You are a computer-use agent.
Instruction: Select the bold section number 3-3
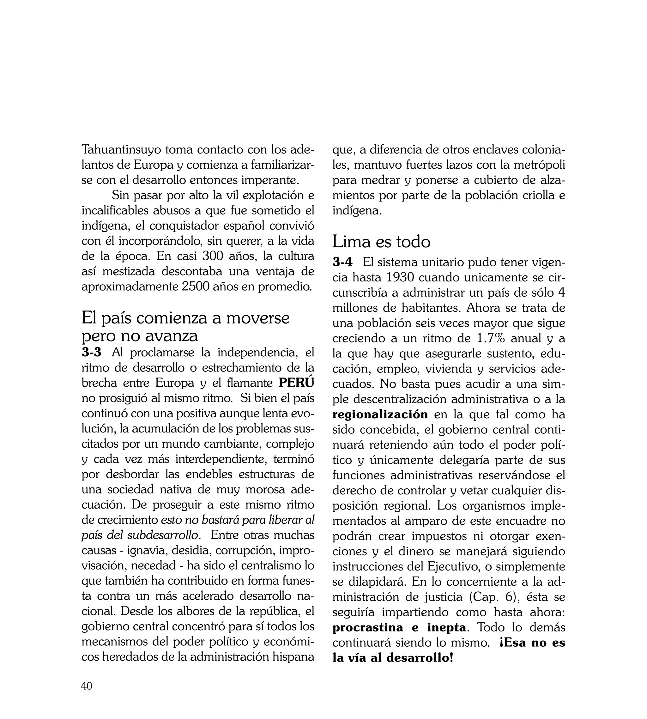tap(91, 352)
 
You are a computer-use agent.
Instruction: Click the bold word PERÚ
tap(296, 383)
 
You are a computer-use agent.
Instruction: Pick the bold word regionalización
tap(380, 414)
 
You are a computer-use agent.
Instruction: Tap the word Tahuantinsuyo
tap(122, 150)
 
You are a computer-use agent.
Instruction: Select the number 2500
tap(195, 287)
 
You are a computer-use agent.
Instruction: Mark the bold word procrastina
tap(368, 628)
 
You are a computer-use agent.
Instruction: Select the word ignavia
tap(147, 550)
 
